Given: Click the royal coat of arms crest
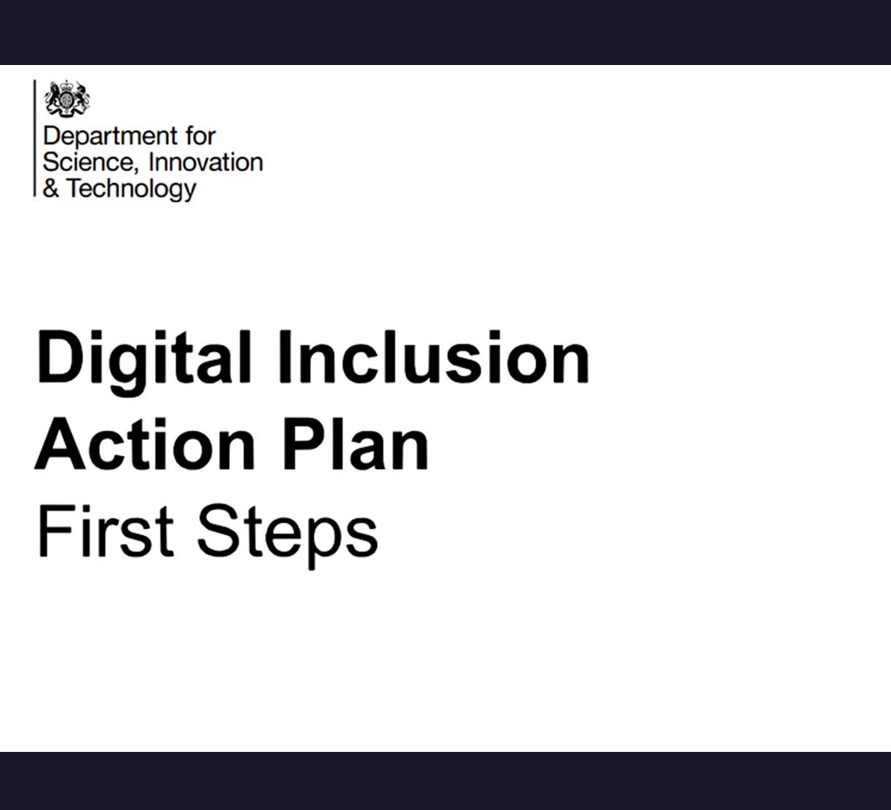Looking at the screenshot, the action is click(x=68, y=99).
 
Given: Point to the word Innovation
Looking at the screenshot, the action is click(x=205, y=162).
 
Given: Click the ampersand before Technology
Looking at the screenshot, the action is click(x=50, y=188).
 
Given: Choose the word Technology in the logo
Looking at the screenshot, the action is click(x=131, y=189).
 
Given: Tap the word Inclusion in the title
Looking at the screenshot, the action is click(x=433, y=357).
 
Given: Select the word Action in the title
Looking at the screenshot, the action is click(x=145, y=444).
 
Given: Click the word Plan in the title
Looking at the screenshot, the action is click(x=355, y=444).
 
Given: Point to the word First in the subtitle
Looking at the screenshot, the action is click(x=105, y=531).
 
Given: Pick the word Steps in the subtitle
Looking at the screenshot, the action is click(x=287, y=534).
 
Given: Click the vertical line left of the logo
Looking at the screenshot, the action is click(x=35, y=138).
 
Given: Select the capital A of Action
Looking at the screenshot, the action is click(x=62, y=444).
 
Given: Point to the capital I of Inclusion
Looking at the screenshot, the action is click(x=284, y=357).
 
